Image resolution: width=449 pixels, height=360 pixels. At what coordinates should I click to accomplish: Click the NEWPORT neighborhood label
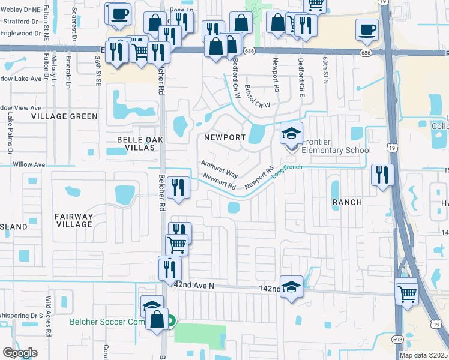(x=224, y=137)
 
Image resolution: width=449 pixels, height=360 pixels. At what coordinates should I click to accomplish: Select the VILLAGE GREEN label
(x=64, y=116)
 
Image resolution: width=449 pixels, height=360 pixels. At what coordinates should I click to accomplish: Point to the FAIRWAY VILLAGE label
(x=74, y=220)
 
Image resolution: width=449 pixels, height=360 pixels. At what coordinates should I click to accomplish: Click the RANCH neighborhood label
(x=348, y=202)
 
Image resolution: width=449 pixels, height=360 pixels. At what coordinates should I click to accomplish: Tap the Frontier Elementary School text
(x=336, y=146)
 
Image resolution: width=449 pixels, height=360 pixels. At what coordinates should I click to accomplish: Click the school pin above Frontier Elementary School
(x=291, y=133)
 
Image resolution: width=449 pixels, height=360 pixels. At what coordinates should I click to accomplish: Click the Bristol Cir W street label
(x=258, y=97)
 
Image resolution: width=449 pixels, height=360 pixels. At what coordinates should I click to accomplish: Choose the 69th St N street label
(x=325, y=71)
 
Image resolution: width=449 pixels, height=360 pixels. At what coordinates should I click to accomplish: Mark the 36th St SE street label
(x=97, y=70)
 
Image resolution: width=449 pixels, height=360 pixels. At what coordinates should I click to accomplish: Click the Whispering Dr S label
(x=22, y=315)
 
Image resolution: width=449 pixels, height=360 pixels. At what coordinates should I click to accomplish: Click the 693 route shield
(x=400, y=340)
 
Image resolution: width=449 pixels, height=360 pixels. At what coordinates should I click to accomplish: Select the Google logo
(x=20, y=352)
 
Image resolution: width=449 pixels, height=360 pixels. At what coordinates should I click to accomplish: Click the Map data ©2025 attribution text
(x=423, y=355)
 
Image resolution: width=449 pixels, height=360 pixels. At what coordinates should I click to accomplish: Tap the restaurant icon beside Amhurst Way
(x=178, y=187)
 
